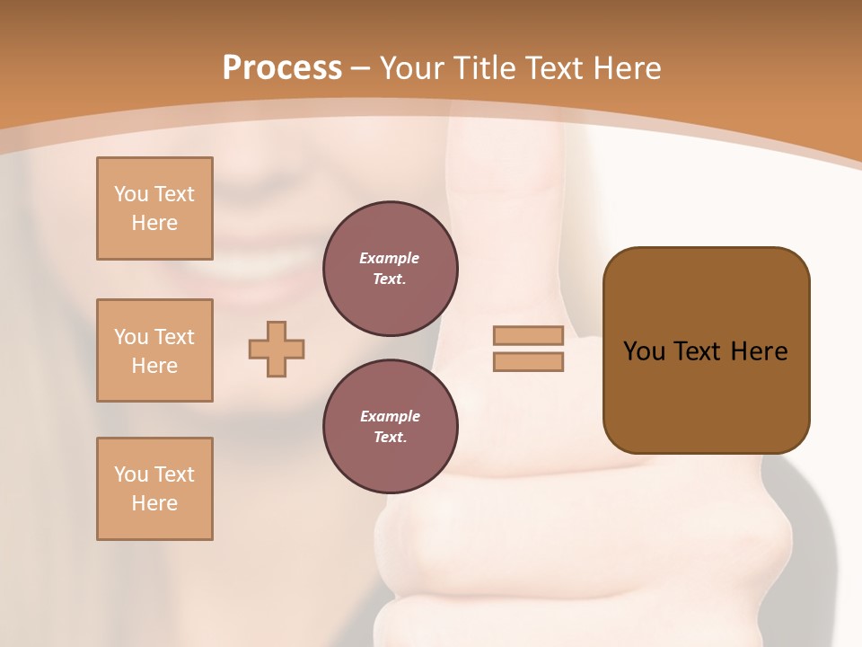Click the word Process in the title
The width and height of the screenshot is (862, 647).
pos(282,68)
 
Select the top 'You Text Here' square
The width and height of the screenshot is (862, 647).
pos(154,208)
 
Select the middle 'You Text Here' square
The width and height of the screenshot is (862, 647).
pos(154,350)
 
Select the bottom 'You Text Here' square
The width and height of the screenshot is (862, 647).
pos(154,489)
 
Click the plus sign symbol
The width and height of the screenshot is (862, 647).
pos(277,349)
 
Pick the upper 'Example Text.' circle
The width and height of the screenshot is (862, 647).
pos(391,269)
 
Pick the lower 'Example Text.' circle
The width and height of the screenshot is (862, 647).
pos(391,427)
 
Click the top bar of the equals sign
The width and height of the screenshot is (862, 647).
pos(528,335)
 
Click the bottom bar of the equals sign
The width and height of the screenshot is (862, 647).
pos(528,361)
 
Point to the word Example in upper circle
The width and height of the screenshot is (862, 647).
pos(390,258)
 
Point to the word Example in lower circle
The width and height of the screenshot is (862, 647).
pos(390,416)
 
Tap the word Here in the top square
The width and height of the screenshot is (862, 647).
pos(154,223)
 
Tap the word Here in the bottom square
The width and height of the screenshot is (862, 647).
pos(154,503)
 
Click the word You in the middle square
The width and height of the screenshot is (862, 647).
pos(129,337)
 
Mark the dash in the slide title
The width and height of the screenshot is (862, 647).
pos(361,68)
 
